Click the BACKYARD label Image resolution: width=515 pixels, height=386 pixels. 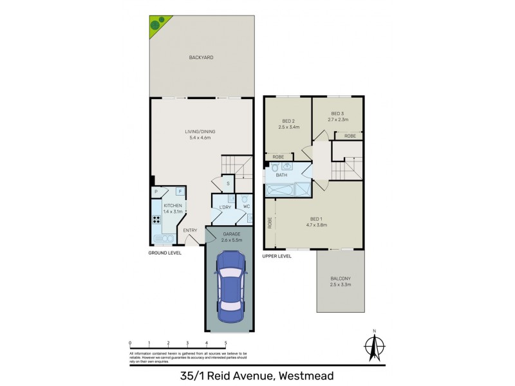pyautogui.click(x=201, y=57)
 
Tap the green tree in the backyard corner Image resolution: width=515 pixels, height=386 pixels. pyautogui.click(x=156, y=24)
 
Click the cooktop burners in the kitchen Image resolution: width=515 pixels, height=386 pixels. pyautogui.click(x=156, y=220)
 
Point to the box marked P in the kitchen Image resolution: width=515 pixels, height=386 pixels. pyautogui.click(x=156, y=192)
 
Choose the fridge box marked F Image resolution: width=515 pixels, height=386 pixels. pyautogui.click(x=180, y=192)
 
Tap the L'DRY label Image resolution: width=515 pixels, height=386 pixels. pyautogui.click(x=225, y=207)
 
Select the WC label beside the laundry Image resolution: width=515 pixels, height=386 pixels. pyautogui.click(x=246, y=207)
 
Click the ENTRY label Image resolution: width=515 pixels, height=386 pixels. pyautogui.click(x=190, y=231)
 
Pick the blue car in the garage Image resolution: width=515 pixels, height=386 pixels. pyautogui.click(x=230, y=286)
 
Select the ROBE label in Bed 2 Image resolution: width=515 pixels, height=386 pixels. pyautogui.click(x=279, y=157)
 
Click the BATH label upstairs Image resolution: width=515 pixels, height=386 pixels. pyautogui.click(x=281, y=174)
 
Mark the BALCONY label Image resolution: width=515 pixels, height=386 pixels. pyautogui.click(x=340, y=278)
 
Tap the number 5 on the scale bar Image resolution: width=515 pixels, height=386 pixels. pyautogui.click(x=225, y=343)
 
